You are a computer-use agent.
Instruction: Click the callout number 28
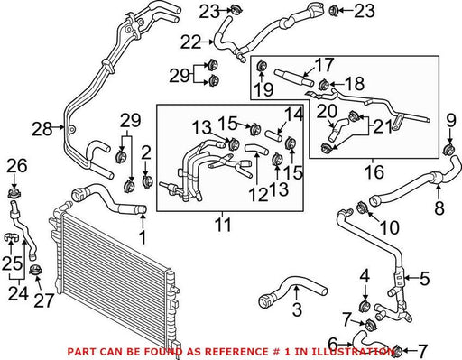tap(42, 129)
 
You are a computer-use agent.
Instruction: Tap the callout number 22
tap(190, 42)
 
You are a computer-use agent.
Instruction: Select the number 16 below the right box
tap(374, 171)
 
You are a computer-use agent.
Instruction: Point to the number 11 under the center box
tap(223, 225)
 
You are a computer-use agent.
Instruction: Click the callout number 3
tap(297, 309)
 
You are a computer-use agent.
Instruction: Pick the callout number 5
tap(425, 279)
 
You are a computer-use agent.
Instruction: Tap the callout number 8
tap(439, 208)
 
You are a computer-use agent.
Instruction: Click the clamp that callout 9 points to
tap(449, 149)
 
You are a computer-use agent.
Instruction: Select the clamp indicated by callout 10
tap(362, 208)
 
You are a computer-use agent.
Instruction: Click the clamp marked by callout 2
tap(147, 181)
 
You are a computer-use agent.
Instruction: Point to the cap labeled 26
tap(14, 193)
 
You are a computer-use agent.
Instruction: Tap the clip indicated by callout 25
tap(11, 237)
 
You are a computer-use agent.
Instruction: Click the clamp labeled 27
tap(36, 270)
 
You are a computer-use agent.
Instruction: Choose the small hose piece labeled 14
tap(273, 136)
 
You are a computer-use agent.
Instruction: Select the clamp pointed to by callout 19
tap(262, 66)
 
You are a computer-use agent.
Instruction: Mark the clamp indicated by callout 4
tap(365, 306)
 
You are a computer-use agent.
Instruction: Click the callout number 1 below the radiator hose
tap(143, 237)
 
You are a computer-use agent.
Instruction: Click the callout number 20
tap(327, 111)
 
